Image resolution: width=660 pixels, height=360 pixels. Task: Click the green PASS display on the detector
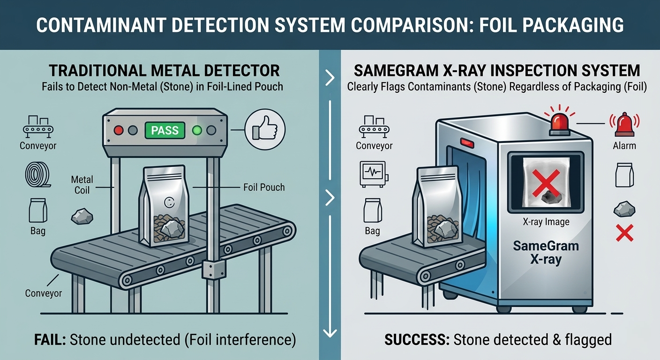165,130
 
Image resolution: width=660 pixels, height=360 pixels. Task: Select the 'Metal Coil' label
82,185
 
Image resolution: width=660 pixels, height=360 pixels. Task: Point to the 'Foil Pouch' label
264,187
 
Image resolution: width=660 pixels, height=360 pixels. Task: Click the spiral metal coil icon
37,174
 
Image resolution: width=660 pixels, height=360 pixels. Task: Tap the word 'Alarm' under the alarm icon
624,146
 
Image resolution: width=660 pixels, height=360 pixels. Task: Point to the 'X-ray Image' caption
546,222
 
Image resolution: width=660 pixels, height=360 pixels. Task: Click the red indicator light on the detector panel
119,130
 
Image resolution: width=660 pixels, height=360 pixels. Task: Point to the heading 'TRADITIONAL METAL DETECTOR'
164,71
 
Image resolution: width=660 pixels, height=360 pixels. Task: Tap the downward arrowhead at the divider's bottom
330,332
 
